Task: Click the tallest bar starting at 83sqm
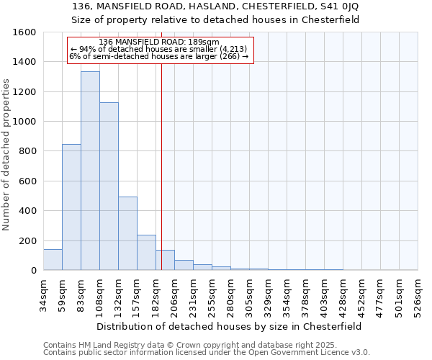90,171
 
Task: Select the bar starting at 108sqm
109,186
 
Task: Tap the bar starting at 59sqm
71,207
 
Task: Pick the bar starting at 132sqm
127,233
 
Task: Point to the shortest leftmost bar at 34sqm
53,259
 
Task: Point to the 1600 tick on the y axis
25,32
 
